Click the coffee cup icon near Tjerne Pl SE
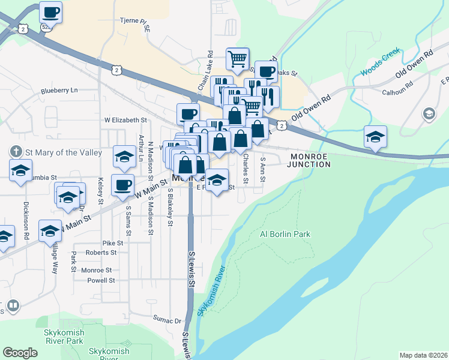pos(51,11)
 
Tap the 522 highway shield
pos(46,28)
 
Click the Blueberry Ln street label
pos(59,91)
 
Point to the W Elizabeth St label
pos(125,120)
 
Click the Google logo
pos(20,353)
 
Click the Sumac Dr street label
pos(166,320)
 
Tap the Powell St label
pos(100,280)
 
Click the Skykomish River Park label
pos(64,336)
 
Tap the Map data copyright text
pos(423,355)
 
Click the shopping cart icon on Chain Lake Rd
pos(238,59)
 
